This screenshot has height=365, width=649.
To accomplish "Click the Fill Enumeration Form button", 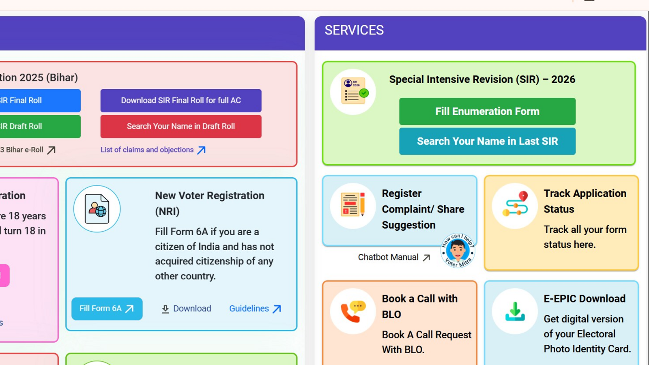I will click(x=487, y=111).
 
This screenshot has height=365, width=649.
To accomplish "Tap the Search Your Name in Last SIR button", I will click(x=487, y=141).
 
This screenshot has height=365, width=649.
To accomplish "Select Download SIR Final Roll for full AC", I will click(x=181, y=101).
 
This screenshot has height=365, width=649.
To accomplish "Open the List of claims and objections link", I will click(x=153, y=150).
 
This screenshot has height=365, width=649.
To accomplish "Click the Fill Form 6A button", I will click(x=107, y=309).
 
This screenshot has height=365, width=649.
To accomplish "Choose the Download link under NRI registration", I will click(x=187, y=309).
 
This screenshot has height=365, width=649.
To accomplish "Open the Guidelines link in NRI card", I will click(x=255, y=309).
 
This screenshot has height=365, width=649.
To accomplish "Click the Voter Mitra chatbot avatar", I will click(x=458, y=250).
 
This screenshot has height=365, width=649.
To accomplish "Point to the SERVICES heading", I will click(x=354, y=30).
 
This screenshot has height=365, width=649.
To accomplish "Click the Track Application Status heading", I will click(x=585, y=201).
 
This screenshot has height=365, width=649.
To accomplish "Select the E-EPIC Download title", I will click(x=585, y=299).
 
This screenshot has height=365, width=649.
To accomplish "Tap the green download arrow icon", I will click(x=515, y=311).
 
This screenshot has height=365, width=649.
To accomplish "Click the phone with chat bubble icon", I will click(x=353, y=311).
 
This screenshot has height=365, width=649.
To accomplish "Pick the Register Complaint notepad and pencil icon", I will click(x=353, y=205).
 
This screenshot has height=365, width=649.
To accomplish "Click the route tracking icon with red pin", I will click(x=515, y=205).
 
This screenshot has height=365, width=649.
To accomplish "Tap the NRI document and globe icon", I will click(x=97, y=209).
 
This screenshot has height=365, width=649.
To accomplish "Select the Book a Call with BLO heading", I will click(x=420, y=306).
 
